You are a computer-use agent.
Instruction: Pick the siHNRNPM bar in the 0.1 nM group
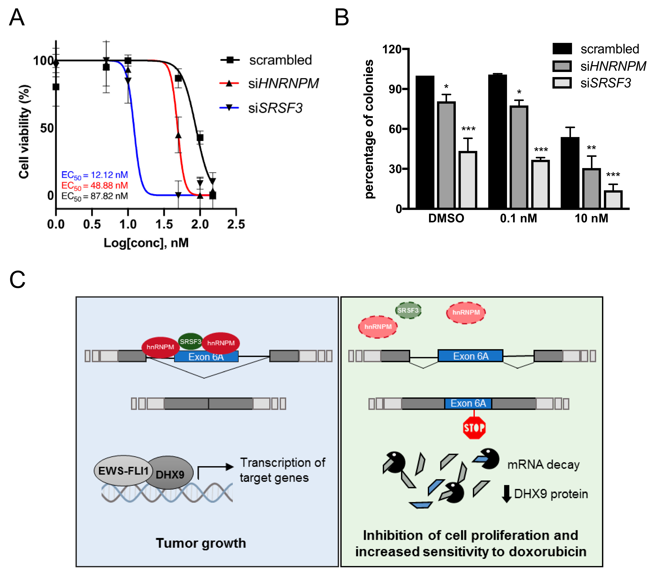point(519,157)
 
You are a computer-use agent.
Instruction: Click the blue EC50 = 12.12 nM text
point(95,175)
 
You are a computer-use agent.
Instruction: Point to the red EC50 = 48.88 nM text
point(95,185)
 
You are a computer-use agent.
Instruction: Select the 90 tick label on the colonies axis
point(395,89)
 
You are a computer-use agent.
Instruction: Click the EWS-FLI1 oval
point(123,471)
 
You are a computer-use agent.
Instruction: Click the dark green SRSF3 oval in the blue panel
point(190,341)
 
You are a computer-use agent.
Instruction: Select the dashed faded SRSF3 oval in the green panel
point(408,310)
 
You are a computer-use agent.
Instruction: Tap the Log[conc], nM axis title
point(146,243)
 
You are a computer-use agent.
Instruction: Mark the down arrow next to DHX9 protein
point(506,494)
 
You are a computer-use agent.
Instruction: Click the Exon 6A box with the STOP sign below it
point(468,403)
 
